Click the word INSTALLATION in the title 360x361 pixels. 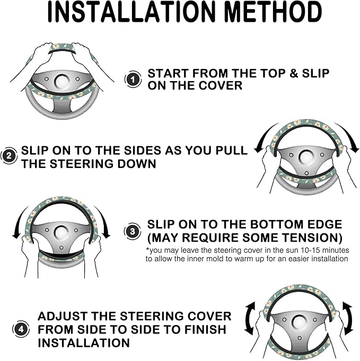pyautogui.click(x=131, y=12)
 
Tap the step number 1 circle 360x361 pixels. pyautogui.click(x=133, y=80)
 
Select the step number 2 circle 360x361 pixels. pyautogui.click(x=9, y=156)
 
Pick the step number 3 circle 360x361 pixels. pyautogui.click(x=133, y=231)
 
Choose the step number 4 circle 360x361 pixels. pyautogui.click(x=21, y=329)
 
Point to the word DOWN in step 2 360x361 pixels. pyautogui.click(x=137, y=164)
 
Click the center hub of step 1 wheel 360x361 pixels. pyautogui.click(x=62, y=82)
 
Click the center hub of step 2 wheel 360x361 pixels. pyautogui.click(x=306, y=158)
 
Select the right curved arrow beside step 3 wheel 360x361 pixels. pyautogui.click(x=104, y=221)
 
